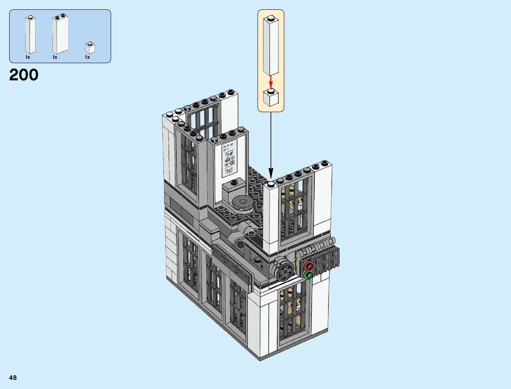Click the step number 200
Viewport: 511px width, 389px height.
pyautogui.click(x=24, y=75)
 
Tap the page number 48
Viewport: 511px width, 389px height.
pyautogui.click(x=13, y=378)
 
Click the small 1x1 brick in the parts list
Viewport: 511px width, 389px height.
pyautogui.click(x=90, y=48)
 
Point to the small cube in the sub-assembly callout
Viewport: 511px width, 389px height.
pyautogui.click(x=271, y=98)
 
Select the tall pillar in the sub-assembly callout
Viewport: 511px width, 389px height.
pyautogui.click(x=271, y=45)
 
